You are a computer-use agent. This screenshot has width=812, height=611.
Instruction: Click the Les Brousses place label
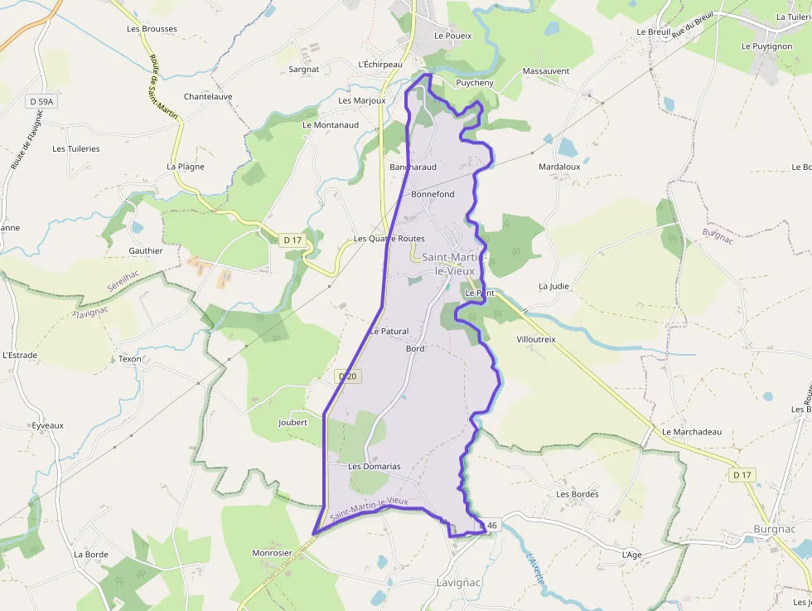click(x=152, y=28)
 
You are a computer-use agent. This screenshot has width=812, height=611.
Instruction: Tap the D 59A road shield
click(x=41, y=101)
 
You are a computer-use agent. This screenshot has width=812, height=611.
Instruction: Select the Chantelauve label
click(x=208, y=96)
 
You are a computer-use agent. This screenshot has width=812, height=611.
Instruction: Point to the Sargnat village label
click(x=304, y=70)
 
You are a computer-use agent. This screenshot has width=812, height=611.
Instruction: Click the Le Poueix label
click(x=453, y=36)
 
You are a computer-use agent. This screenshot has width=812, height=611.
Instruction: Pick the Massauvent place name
click(x=546, y=71)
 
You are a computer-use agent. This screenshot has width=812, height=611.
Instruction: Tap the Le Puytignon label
click(x=766, y=46)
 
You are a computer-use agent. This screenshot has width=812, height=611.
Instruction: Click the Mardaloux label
click(x=559, y=167)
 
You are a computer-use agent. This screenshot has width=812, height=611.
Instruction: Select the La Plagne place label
click(x=186, y=167)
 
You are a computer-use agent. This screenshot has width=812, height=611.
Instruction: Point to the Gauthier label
click(x=146, y=250)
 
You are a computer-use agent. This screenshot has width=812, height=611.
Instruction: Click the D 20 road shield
click(x=349, y=376)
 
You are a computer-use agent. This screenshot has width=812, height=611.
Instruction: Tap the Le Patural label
click(x=389, y=331)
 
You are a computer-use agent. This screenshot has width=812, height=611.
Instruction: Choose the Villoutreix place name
click(x=536, y=340)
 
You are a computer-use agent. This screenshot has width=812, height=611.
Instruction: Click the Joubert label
click(x=292, y=422)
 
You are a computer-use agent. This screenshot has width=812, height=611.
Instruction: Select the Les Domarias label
click(x=374, y=466)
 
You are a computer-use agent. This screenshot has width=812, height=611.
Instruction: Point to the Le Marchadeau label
click(x=692, y=432)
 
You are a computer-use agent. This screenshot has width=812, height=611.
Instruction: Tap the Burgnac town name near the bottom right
click(x=775, y=529)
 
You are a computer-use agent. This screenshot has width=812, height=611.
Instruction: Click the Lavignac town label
click(x=459, y=583)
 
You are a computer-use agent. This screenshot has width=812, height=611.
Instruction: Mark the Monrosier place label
click(x=273, y=552)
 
